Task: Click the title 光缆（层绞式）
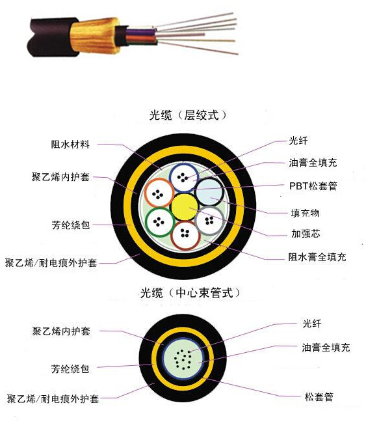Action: pyautogui.click(x=188, y=115)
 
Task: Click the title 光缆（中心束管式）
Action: pyautogui.click(x=190, y=293)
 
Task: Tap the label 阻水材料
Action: pyautogui.click(x=70, y=144)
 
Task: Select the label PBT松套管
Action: pyautogui.click(x=313, y=186)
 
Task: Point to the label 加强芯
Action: pyautogui.click(x=306, y=234)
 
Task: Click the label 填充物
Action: pyautogui.click(x=306, y=213)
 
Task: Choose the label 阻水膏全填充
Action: pyautogui.click(x=317, y=257)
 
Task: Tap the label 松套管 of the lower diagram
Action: pyautogui.click(x=319, y=396)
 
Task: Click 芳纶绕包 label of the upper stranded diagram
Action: pyautogui.click(x=71, y=225)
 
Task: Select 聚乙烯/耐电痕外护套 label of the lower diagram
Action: pyautogui.click(x=53, y=398)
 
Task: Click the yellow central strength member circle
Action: pyautogui.click(x=185, y=207)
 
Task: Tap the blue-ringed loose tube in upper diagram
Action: pyautogui.click(x=183, y=178)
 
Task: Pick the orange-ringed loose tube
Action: pyautogui.click(x=159, y=193)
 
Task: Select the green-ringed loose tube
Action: pyautogui.click(x=160, y=222)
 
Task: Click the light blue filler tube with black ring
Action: pyautogui.click(x=209, y=192)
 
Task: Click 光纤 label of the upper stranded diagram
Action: pyautogui.click(x=298, y=141)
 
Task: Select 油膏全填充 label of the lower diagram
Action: pyautogui.click(x=326, y=348)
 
